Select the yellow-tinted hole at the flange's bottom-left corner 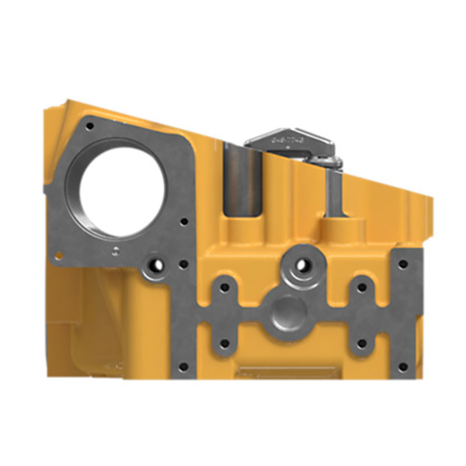[59, 254]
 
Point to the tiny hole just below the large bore [116, 250]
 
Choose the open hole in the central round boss [301, 265]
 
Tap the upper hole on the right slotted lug [362, 287]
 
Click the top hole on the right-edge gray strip [402, 264]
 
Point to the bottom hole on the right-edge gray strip [402, 367]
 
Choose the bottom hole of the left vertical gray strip [183, 367]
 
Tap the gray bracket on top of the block [291, 143]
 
